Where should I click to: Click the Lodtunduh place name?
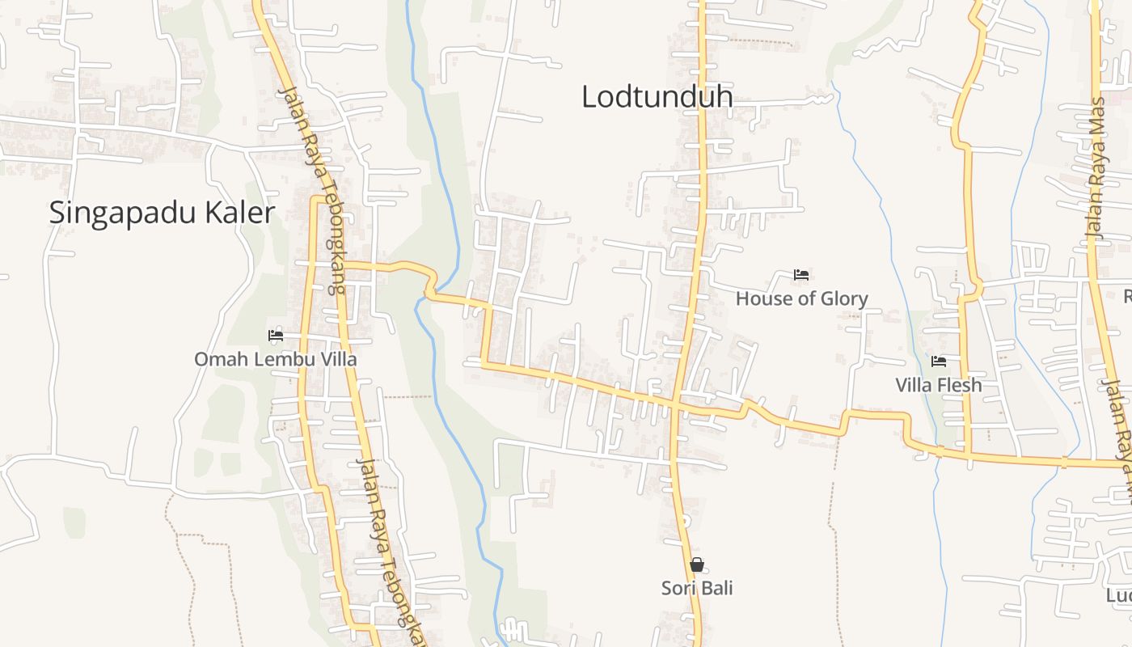[657, 97]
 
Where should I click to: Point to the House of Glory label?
[801, 298]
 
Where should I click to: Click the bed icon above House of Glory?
[801, 275]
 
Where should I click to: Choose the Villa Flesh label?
[938, 385]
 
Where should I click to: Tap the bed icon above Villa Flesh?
[938, 362]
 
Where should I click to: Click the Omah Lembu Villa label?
[275, 359]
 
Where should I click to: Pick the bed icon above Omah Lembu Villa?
[276, 335]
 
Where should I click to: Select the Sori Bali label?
[697, 588]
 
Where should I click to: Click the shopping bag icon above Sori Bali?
[697, 565]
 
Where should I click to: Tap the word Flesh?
[961, 385]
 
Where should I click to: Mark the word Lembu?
[278, 359]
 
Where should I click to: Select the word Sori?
[678, 588]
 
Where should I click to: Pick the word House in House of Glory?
[761, 298]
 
